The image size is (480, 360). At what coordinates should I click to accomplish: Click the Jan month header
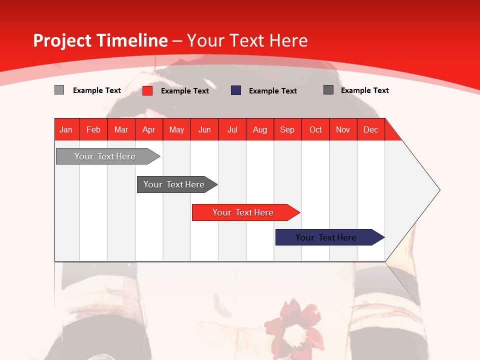pyautogui.click(x=66, y=129)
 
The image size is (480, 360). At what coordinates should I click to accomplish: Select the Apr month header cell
pyautogui.click(x=149, y=129)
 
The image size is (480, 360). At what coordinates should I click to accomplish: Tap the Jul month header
pyautogui.click(x=232, y=129)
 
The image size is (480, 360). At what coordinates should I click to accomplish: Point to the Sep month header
pyautogui.click(x=287, y=129)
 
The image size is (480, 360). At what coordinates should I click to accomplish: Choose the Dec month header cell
pyautogui.click(x=370, y=129)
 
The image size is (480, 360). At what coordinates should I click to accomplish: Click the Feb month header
pyautogui.click(x=93, y=129)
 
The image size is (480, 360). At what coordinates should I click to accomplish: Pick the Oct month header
pyautogui.click(x=315, y=129)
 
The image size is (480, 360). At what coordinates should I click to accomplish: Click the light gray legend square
pyautogui.click(x=59, y=90)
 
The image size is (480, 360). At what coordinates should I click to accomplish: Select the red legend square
pyautogui.click(x=147, y=90)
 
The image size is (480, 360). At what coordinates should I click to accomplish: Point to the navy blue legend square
pyautogui.click(x=236, y=90)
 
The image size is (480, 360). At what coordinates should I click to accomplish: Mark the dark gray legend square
pyautogui.click(x=328, y=90)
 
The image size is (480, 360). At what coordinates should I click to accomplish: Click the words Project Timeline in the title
pyautogui.click(x=100, y=40)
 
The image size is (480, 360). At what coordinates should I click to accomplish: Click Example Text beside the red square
pyautogui.click(x=185, y=91)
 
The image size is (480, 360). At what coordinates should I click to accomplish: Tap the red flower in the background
pyautogui.click(x=292, y=325)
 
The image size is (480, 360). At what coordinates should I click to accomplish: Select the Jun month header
pyautogui.click(x=204, y=129)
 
